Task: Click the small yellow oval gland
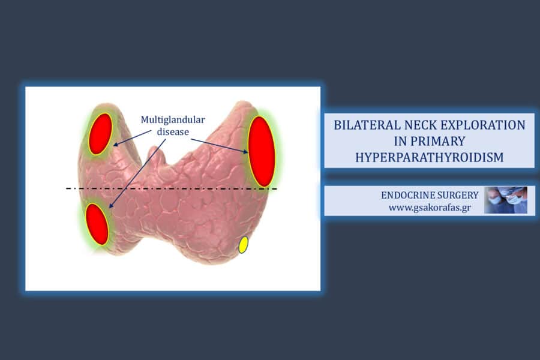click(x=243, y=245)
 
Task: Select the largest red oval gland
click(x=262, y=152)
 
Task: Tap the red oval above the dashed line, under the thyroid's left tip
click(x=100, y=134)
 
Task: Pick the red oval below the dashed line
click(x=97, y=224)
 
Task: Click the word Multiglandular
click(x=173, y=120)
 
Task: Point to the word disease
click(x=173, y=131)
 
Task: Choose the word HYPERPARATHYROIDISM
click(x=430, y=157)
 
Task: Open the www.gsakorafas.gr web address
click(x=430, y=208)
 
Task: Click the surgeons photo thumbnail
click(x=506, y=200)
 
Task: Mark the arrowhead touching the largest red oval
click(x=245, y=151)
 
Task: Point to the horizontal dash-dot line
click(x=172, y=188)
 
